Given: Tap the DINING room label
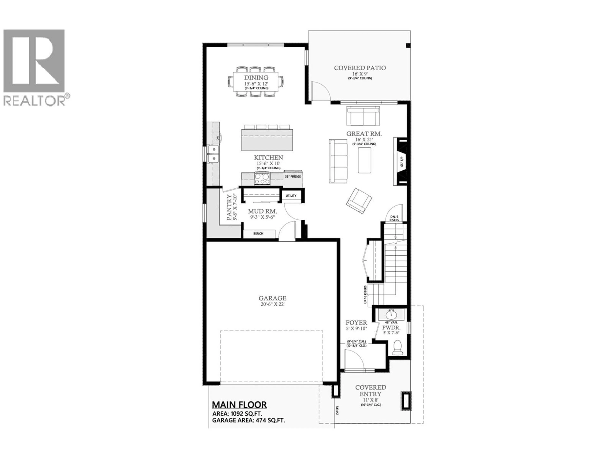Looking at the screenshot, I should (256, 78).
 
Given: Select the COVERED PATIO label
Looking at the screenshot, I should (360, 68).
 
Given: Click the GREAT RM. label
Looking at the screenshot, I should (364, 134).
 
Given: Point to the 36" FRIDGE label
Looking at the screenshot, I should (293, 176).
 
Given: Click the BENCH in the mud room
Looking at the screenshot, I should (258, 234).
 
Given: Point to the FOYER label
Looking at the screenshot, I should (356, 323).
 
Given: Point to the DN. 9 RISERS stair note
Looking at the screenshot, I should (394, 218).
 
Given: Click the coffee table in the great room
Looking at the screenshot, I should (364, 160).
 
